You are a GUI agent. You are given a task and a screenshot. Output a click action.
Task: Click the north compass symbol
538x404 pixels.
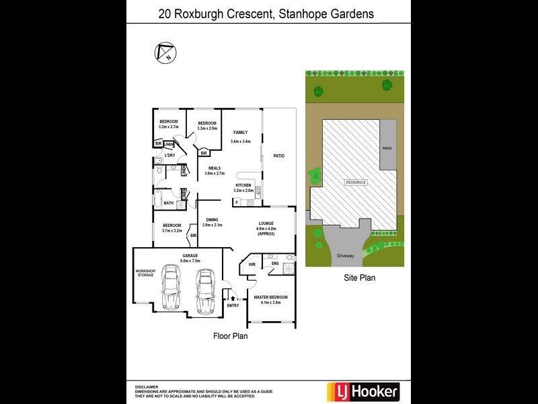pos(164,51)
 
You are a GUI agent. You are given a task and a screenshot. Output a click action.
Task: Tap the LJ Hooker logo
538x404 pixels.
pos(362,391)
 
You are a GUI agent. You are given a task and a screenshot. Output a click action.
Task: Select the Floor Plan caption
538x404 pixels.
pos(231,335)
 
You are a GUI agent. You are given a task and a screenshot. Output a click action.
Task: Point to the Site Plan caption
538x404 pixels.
pos(359,277)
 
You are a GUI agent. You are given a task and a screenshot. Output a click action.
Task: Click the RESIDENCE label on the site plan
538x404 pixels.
pos(356,182)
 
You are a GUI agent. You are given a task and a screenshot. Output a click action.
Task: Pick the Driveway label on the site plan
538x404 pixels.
pos(344,256)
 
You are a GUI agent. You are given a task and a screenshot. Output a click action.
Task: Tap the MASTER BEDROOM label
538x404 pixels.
pos(270,297)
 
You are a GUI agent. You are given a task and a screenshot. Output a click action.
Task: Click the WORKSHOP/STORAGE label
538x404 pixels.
pos(145,273)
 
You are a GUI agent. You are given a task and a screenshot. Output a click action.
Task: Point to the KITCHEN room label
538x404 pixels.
pos(243,185)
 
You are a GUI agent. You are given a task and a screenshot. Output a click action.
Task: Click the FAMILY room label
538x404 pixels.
pos(240,133)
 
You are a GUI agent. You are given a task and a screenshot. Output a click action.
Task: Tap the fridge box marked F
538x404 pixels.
pos(237,201)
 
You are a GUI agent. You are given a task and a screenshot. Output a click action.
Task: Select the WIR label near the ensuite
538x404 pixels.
pos(252,265)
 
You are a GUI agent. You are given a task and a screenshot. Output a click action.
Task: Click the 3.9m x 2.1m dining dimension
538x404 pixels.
pos(213,225)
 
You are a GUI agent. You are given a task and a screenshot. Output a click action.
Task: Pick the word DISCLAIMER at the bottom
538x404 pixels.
pos(147,387)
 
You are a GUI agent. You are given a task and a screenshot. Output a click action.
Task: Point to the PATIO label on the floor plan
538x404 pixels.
pos(278,156)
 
